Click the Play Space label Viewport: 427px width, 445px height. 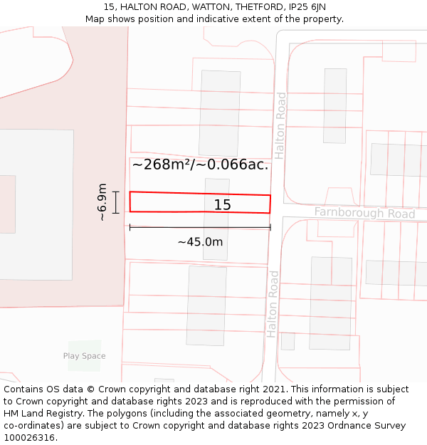click(84, 356)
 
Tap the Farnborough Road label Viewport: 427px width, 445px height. click(364, 214)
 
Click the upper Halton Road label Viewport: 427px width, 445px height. click(281, 125)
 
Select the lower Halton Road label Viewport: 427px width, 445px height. click(273, 303)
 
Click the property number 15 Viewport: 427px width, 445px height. click(222, 205)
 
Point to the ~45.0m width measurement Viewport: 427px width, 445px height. click(200, 242)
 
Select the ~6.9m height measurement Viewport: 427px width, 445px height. click(102, 202)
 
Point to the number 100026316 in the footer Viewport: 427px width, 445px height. click(30, 437)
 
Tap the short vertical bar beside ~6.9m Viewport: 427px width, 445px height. click(115, 202)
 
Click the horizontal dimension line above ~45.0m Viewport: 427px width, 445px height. click(200, 227)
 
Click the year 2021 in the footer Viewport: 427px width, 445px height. click(274, 389)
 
